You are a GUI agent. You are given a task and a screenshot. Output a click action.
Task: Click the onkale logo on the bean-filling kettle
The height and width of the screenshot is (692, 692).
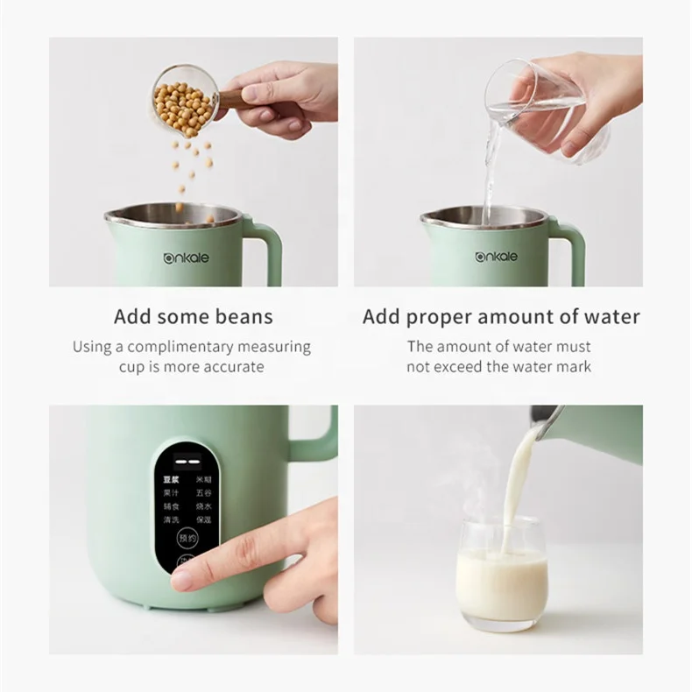pyautogui.click(x=187, y=258)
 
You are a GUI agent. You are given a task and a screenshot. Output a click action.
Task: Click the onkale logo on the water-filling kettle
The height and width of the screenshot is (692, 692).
pyautogui.click(x=496, y=257)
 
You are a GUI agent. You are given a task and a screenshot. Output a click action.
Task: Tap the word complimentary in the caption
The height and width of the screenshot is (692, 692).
pyautogui.click(x=180, y=347)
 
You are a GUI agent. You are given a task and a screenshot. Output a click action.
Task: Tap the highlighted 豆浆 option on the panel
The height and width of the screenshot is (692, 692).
pyautogui.click(x=170, y=481)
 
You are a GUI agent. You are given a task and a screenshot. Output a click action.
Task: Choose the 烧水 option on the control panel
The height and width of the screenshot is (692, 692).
pyautogui.click(x=203, y=506)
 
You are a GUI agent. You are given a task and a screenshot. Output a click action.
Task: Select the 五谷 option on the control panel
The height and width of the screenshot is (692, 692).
pyautogui.click(x=203, y=493)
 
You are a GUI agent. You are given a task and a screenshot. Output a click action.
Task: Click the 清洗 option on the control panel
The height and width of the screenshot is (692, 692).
pyautogui.click(x=170, y=519)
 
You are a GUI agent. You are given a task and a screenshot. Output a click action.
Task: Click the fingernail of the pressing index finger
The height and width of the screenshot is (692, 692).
pyautogui.click(x=182, y=579)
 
